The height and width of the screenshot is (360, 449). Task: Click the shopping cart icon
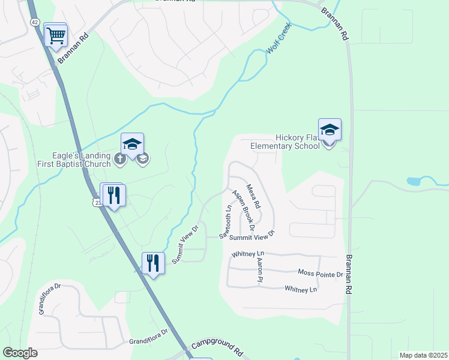pos(56,35)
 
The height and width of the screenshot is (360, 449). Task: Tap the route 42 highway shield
pos(35,22)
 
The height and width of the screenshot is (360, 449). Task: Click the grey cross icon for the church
pos(119,159)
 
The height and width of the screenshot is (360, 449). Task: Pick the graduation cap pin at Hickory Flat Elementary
pos(330,129)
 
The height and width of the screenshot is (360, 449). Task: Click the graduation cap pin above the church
pos(133,144)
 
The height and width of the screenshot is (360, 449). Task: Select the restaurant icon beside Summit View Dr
pos(153,262)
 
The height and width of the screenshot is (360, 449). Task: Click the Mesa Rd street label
pos(254,196)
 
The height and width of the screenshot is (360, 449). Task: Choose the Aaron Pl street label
pos(260,270)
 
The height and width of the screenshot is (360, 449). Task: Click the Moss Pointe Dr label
pos(320,274)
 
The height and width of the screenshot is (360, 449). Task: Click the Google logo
pos(20,353)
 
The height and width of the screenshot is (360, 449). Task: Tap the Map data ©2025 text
pos(423,355)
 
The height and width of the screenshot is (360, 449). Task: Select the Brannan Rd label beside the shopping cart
pos(73,53)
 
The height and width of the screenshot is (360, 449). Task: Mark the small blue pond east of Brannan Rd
pos(414,181)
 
